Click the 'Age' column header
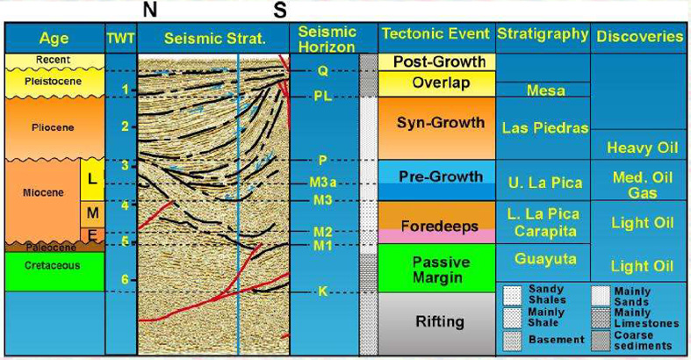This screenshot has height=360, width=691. click(54, 39)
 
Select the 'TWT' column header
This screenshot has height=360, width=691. click(121, 39)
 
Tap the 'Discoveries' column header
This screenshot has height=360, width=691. click(640, 37)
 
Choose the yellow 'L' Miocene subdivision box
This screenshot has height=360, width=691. click(92, 180)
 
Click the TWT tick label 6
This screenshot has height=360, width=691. click(126, 280)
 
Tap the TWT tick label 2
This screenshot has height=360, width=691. click(126, 126)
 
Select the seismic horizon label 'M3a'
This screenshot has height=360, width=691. click(322, 183)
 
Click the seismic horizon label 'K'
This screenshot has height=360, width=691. click(322, 291)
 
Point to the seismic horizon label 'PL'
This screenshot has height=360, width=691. click(322, 96)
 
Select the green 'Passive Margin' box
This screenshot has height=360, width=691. click(436, 268)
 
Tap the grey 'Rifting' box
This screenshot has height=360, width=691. click(436, 323)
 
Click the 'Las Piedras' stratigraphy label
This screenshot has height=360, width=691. click(545, 128)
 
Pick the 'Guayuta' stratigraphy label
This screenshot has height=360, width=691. click(545, 259)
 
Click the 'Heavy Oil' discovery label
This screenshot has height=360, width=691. click(642, 148)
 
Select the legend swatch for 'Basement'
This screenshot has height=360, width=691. click(512, 341)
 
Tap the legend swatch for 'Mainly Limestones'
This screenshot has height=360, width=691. click(601, 318)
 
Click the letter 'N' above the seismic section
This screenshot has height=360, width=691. click(150, 10)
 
